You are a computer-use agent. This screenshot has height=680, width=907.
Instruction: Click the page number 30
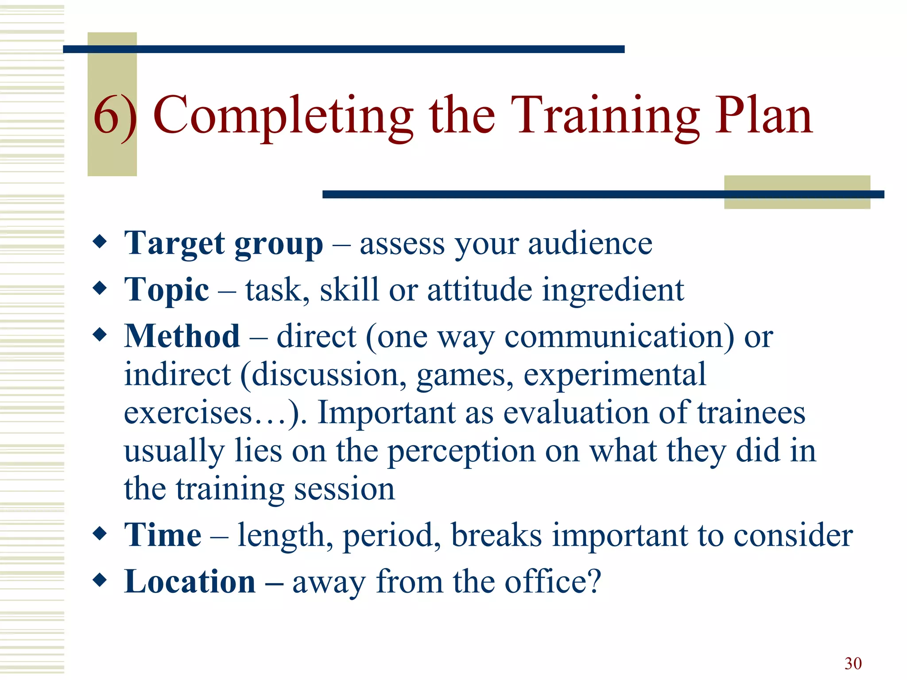coord(853,663)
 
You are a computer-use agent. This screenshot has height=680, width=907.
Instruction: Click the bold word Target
coord(174,244)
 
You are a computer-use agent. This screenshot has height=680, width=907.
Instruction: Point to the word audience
coord(590,243)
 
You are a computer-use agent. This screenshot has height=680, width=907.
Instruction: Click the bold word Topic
coord(167,290)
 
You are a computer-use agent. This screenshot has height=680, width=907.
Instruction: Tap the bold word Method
coord(182,336)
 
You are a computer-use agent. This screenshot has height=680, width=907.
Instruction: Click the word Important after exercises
coord(386,413)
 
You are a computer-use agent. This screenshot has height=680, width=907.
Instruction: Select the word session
coord(344,489)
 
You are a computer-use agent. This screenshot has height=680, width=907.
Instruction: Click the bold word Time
coord(163,535)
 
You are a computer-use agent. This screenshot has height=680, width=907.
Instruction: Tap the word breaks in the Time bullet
coord(496,535)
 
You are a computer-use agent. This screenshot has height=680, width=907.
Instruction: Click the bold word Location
coord(190,581)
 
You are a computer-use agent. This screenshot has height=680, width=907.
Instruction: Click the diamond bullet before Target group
coord(100,242)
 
